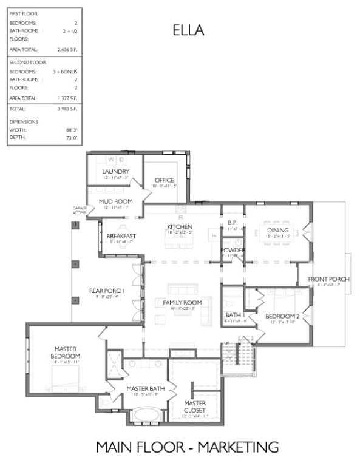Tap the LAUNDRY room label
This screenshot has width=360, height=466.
[x=115, y=172]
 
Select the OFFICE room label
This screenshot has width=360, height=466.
[x=164, y=180]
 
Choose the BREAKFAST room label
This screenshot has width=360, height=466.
[x=121, y=235]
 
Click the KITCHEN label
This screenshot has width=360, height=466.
[x=180, y=227]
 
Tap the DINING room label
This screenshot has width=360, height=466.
[x=279, y=230]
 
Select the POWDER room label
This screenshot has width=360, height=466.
[x=233, y=250]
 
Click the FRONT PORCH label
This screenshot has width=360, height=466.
[x=328, y=279]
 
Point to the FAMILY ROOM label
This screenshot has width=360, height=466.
[x=182, y=302]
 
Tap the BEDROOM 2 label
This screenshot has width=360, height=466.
[x=283, y=316]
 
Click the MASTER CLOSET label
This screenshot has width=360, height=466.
[x=195, y=407]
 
